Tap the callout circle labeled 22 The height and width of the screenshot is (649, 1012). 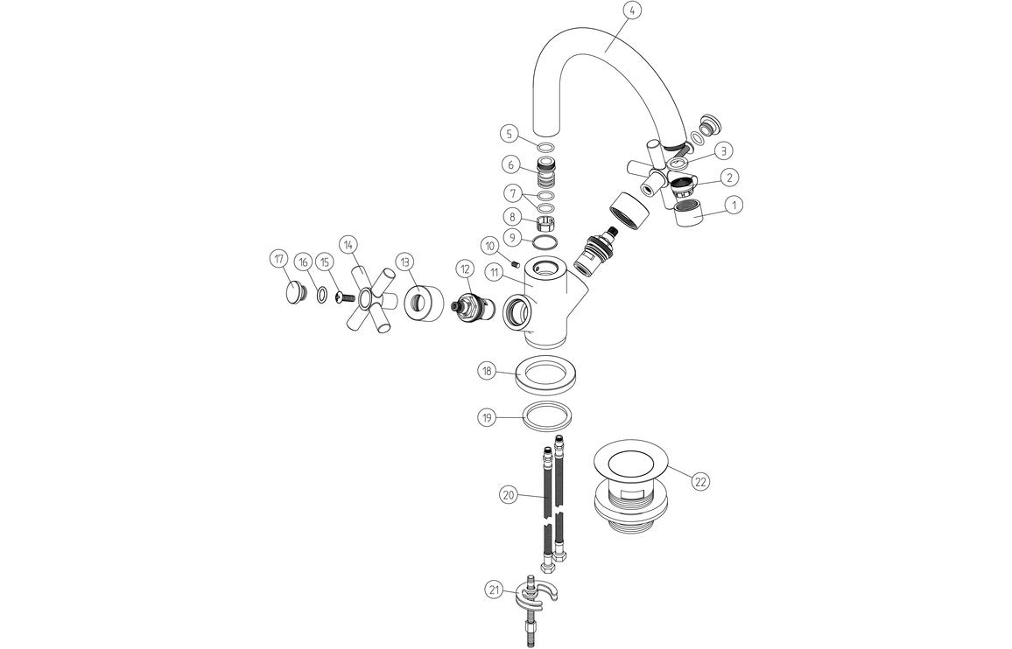(x=700, y=481)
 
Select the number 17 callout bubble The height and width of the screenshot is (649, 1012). (x=279, y=259)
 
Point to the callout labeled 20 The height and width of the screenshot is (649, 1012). (x=508, y=495)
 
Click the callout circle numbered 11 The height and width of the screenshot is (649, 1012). (x=495, y=274)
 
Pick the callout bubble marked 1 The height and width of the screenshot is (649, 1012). (x=734, y=205)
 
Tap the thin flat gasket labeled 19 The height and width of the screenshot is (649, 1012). (x=545, y=417)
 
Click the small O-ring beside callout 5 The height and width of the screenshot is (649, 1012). (x=545, y=146)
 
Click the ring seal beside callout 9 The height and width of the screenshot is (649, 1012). (x=545, y=242)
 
